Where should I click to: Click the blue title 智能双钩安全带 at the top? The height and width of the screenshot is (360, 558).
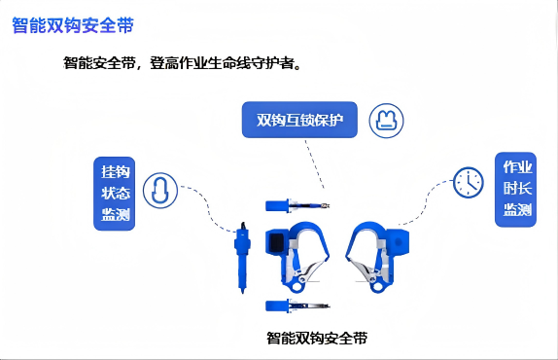pyautogui.click(x=73, y=25)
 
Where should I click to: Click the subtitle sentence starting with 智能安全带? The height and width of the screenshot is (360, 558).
pyautogui.click(x=182, y=63)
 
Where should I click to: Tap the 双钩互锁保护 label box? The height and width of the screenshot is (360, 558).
pyautogui.click(x=299, y=120)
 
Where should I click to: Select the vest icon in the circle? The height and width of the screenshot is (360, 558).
pyautogui.click(x=386, y=121)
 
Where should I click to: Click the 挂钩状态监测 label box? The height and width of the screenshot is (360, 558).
pyautogui.click(x=115, y=194)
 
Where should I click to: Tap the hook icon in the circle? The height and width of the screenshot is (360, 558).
pyautogui.click(x=160, y=191)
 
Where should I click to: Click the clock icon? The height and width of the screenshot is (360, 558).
pyautogui.click(x=469, y=182)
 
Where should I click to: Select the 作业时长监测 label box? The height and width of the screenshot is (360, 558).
pyautogui.click(x=515, y=190)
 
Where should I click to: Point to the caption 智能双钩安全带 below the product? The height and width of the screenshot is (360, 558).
pyautogui.click(x=317, y=338)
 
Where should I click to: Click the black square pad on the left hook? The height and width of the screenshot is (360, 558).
pyautogui.click(x=276, y=243)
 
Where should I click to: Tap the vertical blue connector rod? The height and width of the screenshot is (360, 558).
pyautogui.click(x=242, y=257)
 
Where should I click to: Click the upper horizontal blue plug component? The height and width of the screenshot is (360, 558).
pyautogui.click(x=297, y=206)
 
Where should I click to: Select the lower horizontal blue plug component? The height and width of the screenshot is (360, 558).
pyautogui.click(x=297, y=306)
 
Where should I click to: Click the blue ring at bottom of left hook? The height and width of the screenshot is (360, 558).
pyautogui.click(x=296, y=287)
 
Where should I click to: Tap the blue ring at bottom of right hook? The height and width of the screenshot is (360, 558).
pyautogui.click(x=377, y=287)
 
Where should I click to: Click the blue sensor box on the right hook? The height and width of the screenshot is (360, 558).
pyautogui.click(x=398, y=242)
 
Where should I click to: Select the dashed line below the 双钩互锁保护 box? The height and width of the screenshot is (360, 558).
pyautogui.click(x=315, y=163)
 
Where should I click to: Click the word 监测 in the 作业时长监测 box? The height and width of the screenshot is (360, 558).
pyautogui.click(x=517, y=209)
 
